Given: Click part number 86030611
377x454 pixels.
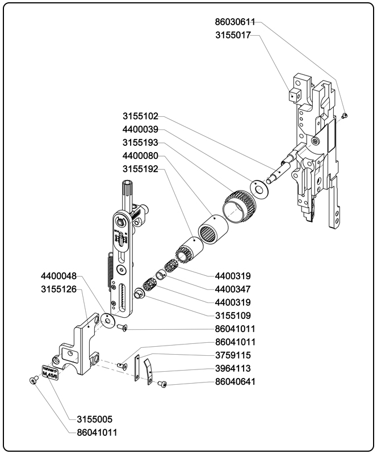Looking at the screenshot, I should (234, 22).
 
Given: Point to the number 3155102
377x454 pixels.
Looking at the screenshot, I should (140, 117).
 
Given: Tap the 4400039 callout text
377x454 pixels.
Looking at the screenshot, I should (140, 130).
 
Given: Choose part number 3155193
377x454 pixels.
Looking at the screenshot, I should (140, 143).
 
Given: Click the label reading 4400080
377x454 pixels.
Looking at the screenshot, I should (140, 156).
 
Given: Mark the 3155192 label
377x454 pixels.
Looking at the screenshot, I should (140, 169).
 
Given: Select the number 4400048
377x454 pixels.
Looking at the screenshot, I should (58, 276).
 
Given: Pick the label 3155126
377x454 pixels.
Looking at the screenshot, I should (58, 289).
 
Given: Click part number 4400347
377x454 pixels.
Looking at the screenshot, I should (233, 289).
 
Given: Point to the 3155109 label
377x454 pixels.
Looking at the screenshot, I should (233, 316).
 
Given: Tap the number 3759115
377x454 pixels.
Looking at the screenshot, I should (233, 356).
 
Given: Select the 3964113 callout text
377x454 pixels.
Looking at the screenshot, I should (233, 369).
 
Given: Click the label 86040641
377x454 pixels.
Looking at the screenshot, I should (235, 382).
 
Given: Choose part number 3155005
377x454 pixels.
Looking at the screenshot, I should (94, 420).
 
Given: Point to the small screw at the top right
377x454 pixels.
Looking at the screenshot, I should (345, 116).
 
